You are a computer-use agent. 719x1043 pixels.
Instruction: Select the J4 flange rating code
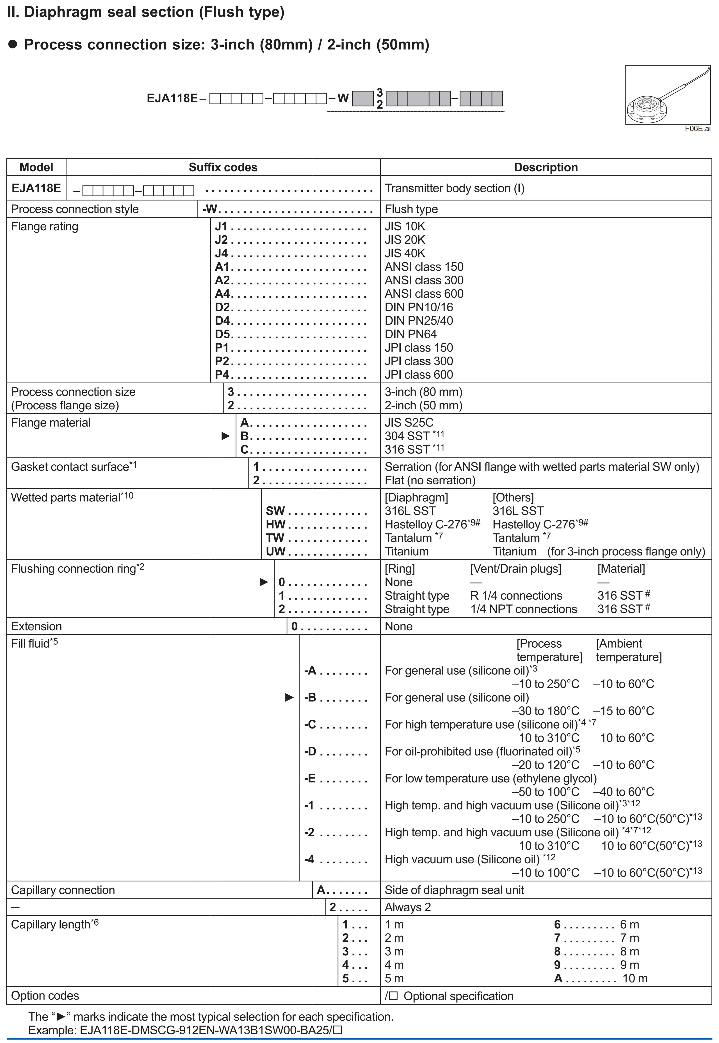(221, 253)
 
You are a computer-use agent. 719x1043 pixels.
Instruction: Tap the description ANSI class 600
(424, 294)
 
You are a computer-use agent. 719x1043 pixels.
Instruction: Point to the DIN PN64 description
(410, 334)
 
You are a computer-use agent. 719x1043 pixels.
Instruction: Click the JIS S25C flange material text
(409, 423)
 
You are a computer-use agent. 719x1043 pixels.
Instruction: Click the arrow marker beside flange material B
(226, 436)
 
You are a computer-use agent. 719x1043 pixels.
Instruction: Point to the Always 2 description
(408, 907)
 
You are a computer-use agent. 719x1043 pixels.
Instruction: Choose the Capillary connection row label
(63, 890)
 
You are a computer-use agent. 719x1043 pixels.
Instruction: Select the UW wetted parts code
(275, 551)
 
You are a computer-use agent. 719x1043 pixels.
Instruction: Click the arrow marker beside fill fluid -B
(289, 697)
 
